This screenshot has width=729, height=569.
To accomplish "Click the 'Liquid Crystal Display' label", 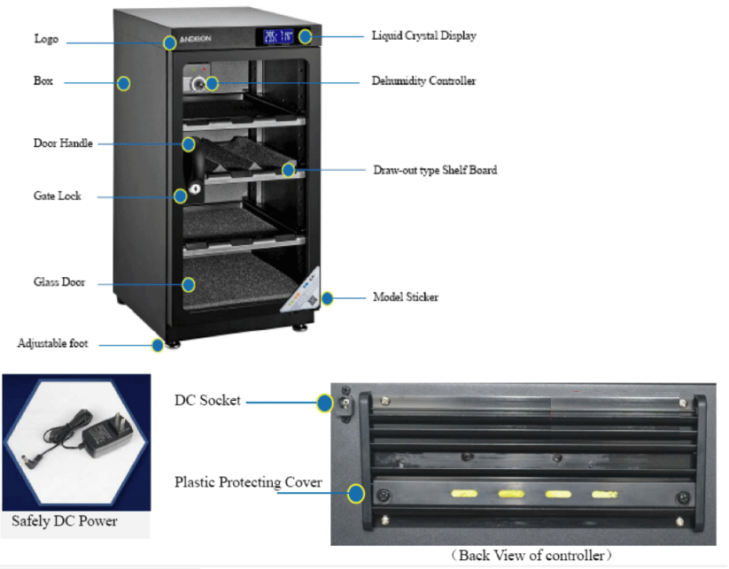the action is (423, 35).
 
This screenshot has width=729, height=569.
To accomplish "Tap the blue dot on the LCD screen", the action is (305, 36).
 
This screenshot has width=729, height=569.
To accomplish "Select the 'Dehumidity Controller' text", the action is (423, 81).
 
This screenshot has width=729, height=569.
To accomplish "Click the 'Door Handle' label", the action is (63, 143).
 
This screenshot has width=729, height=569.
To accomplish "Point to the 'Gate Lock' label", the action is (58, 196).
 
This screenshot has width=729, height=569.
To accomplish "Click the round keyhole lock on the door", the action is (195, 188).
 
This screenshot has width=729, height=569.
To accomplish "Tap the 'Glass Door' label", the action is (59, 282).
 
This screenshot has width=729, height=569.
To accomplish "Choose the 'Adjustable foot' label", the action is (52, 343).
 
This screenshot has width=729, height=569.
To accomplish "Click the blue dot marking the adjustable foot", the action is (158, 345).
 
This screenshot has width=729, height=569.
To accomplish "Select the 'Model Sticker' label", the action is (406, 297).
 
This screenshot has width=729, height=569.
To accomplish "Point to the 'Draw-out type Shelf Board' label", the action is (435, 170).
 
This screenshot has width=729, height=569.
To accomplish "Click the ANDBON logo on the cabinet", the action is (195, 39).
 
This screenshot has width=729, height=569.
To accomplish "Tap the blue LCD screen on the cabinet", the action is (278, 36).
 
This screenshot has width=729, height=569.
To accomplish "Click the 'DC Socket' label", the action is (207, 400).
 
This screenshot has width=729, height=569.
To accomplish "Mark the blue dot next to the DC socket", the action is (324, 403).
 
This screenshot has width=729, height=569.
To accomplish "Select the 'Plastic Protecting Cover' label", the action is (248, 482).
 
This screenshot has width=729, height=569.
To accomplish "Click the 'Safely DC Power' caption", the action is (64, 521).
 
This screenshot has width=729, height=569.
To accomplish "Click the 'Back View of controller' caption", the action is (531, 555).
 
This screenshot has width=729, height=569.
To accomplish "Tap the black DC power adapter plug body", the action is (108, 434).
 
